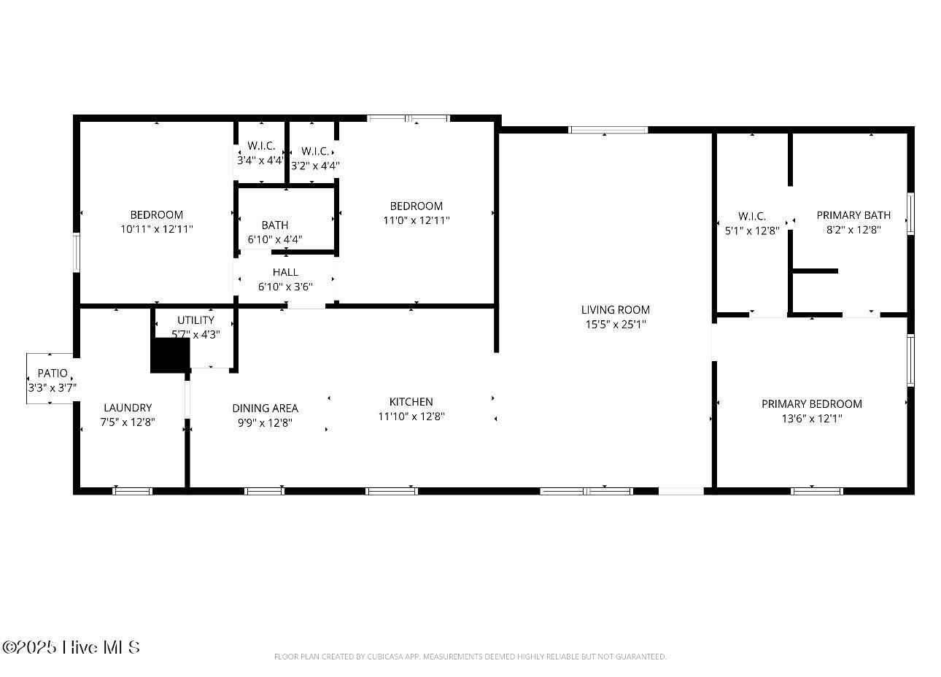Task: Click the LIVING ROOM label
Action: [x=616, y=310]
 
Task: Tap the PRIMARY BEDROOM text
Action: [x=812, y=404]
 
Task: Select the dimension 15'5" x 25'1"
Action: [x=616, y=325]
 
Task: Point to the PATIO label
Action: [x=53, y=374]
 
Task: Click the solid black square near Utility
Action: [x=170, y=355]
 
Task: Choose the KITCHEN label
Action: [x=411, y=402]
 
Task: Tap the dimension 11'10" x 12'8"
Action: [x=411, y=416]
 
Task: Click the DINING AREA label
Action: [x=265, y=408]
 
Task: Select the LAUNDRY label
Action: [x=128, y=408]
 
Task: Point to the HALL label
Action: [x=285, y=272]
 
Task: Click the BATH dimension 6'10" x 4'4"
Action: [x=275, y=239]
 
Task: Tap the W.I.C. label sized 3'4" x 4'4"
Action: [x=261, y=146]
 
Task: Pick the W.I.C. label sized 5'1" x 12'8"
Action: [x=752, y=217]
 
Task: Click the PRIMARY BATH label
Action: [x=853, y=215]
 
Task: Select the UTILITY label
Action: [x=195, y=320]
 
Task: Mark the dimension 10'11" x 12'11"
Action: [x=157, y=229]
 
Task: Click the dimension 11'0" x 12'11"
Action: [x=417, y=220]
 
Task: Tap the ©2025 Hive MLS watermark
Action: [x=71, y=647]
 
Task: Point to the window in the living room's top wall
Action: [x=608, y=130]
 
